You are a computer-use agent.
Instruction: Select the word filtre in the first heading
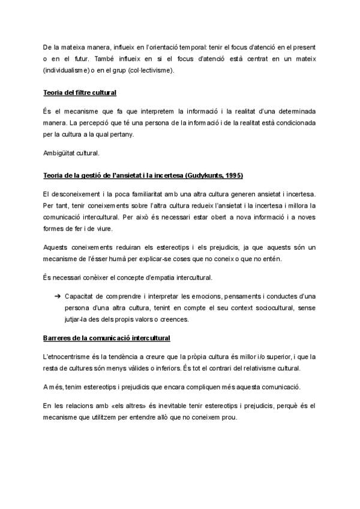84,93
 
